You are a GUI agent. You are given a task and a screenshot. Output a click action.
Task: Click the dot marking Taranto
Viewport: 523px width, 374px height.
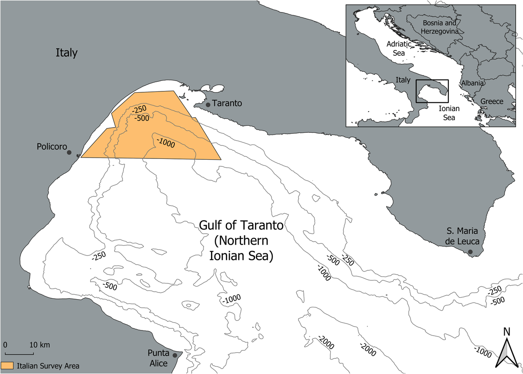[x=208, y=104]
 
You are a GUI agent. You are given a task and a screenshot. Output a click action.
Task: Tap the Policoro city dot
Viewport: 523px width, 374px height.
[x=69, y=152]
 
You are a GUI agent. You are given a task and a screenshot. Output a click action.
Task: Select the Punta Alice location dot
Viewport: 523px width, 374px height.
[x=175, y=355]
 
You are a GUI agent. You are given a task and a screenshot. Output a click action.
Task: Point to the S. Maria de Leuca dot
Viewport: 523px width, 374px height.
[x=470, y=252]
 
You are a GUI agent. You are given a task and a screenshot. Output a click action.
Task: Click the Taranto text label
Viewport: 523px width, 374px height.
[x=227, y=104]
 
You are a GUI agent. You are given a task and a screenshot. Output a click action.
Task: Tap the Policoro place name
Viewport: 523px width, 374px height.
[x=51, y=147]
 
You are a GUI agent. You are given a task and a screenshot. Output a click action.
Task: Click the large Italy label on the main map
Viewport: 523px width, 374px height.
[x=66, y=53]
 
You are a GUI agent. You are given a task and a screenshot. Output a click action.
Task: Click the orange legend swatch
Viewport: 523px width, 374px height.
[x=7, y=365]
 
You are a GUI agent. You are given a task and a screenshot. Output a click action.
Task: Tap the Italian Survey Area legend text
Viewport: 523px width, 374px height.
[x=48, y=366]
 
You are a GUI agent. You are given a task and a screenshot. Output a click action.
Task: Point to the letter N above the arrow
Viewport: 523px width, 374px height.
[x=506, y=331]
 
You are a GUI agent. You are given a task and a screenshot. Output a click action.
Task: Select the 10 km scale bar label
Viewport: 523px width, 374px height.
[x=39, y=345]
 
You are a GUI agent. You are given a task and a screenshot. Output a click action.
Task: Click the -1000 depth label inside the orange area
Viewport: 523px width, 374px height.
[x=166, y=142]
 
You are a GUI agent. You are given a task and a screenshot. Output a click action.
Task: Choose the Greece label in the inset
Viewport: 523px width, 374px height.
[x=492, y=101]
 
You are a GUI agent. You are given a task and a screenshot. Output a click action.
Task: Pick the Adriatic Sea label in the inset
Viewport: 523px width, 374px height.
[x=399, y=48]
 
